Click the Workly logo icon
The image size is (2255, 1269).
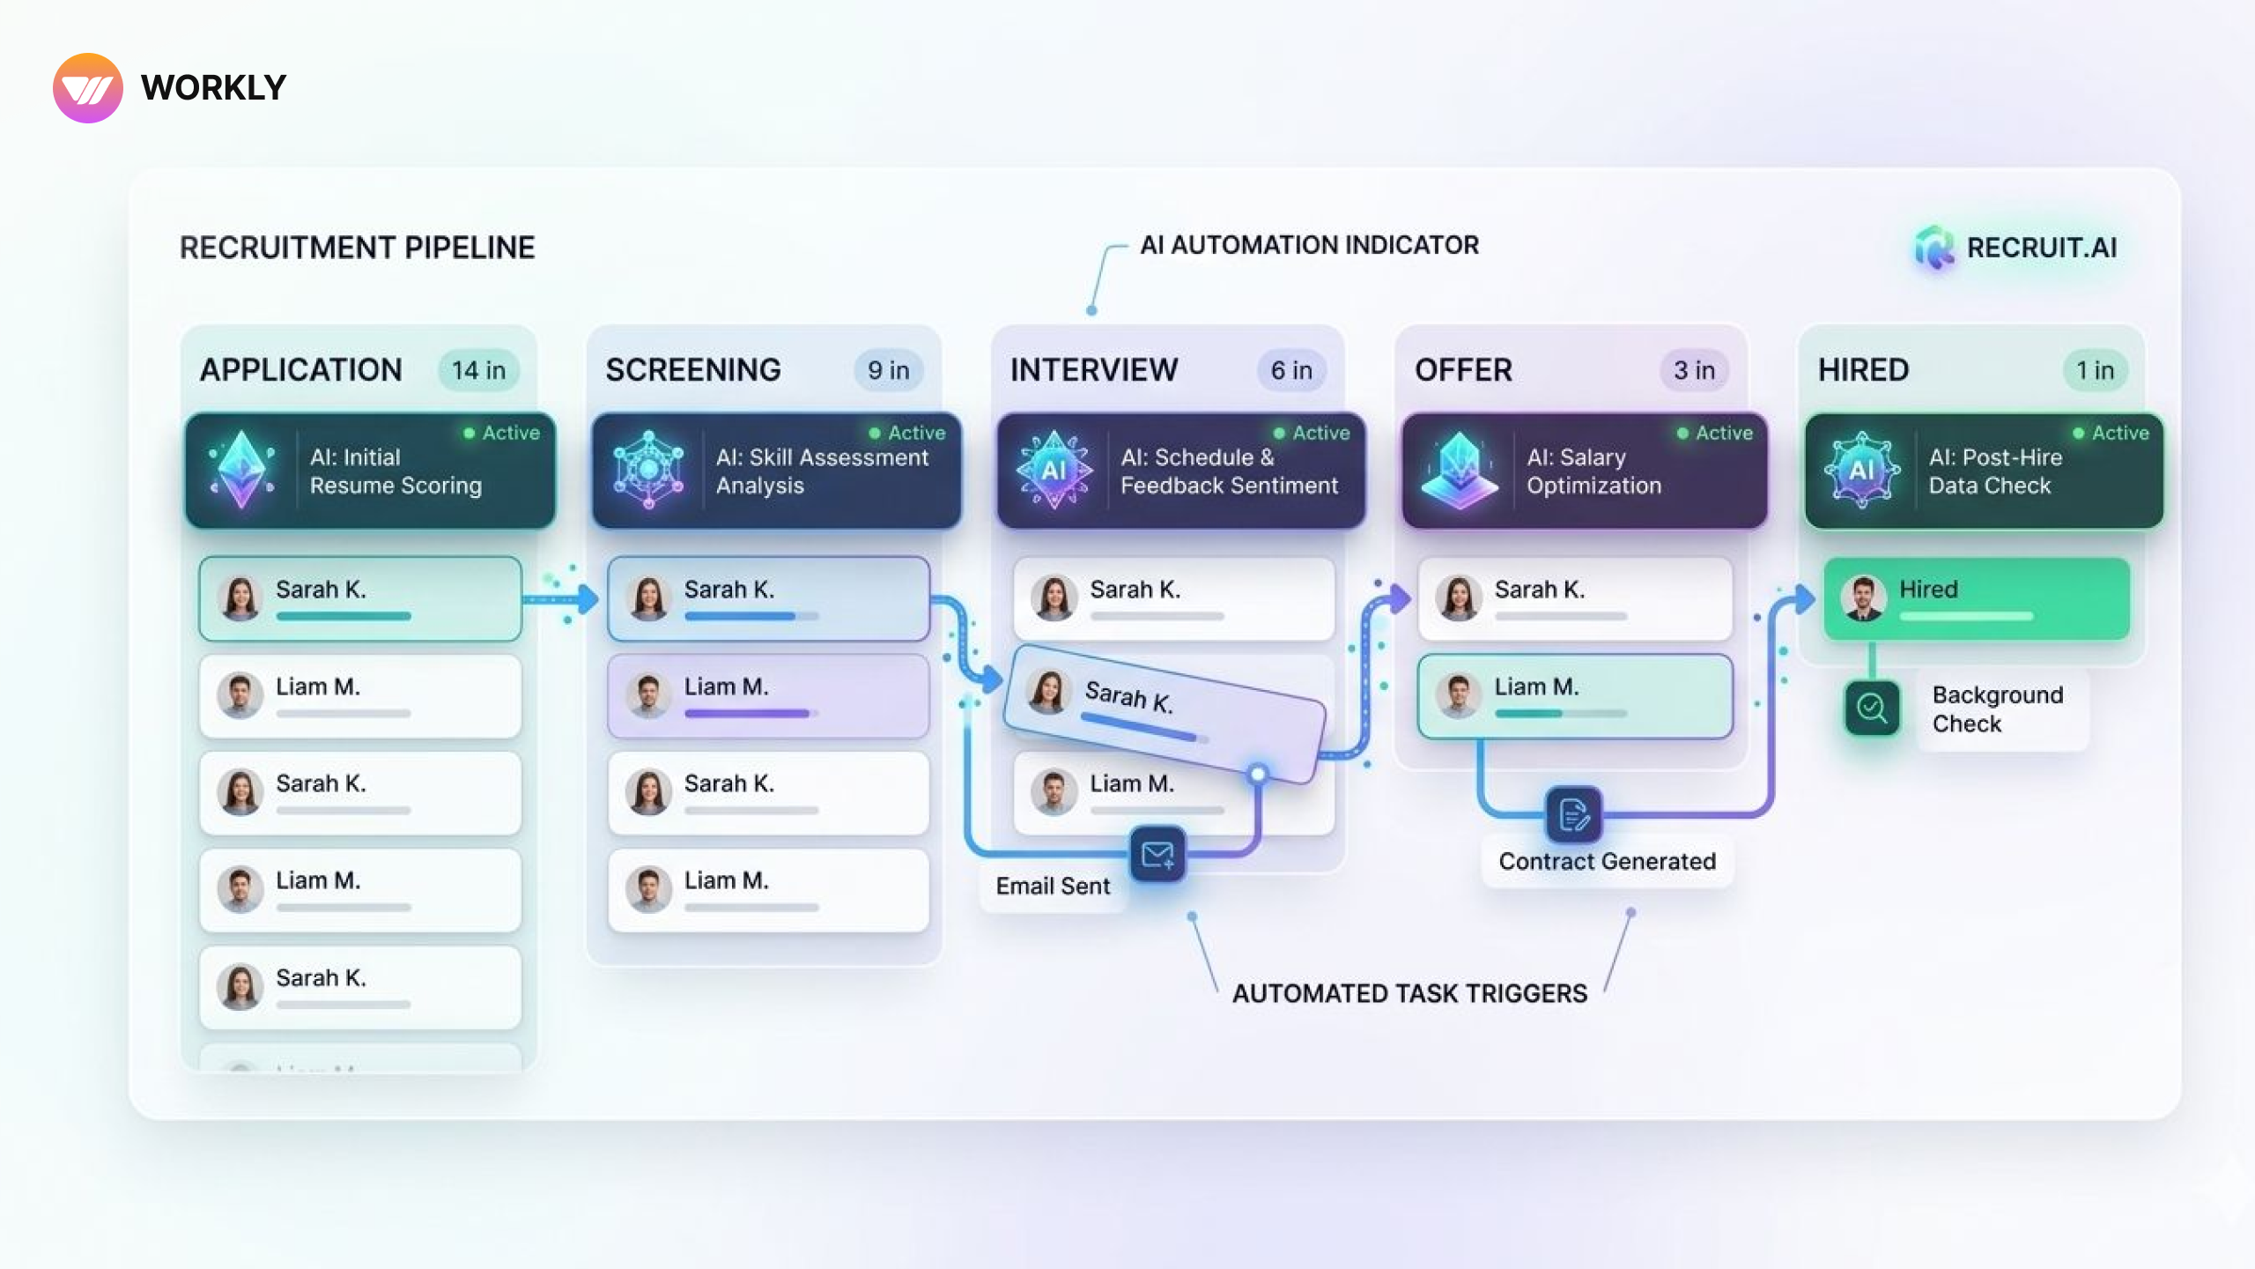[x=88, y=88]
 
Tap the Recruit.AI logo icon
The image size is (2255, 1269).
[x=1933, y=247]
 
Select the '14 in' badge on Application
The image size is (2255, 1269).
[x=478, y=370]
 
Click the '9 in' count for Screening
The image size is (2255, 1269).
[x=888, y=370]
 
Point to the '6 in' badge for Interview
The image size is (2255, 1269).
[x=1291, y=370]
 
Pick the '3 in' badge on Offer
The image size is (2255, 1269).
[x=1694, y=370]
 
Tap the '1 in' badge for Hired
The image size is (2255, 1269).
[x=2095, y=370]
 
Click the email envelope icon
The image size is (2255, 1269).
[x=1157, y=854]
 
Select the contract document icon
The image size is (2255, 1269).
[x=1574, y=814]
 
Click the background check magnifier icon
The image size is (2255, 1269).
[x=1872, y=708]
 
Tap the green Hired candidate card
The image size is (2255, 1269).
[x=1977, y=599]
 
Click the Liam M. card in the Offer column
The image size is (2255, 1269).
[x=1575, y=696]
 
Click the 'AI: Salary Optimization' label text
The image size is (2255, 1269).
[x=1593, y=471]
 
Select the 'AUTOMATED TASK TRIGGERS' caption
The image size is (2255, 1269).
[x=1409, y=993]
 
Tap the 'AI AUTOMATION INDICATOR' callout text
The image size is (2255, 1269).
[x=1309, y=245]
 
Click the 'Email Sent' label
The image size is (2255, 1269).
[x=1053, y=886]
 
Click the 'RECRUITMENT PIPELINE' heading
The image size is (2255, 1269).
[x=358, y=248]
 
